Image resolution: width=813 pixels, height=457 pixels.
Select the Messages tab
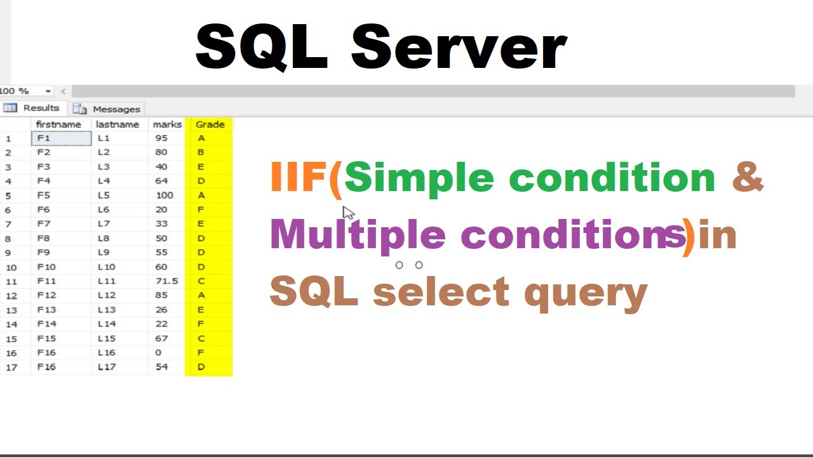(108, 109)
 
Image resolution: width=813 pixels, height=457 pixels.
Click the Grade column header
(210, 124)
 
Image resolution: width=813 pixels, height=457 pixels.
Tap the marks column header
(167, 124)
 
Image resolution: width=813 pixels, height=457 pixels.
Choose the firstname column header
(58, 124)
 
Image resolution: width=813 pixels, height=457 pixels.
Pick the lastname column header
(118, 124)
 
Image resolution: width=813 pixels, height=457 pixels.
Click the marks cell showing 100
(164, 195)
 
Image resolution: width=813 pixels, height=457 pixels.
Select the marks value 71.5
(166, 281)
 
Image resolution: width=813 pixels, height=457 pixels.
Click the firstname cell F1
(44, 138)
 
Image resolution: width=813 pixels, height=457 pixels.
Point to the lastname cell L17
(107, 367)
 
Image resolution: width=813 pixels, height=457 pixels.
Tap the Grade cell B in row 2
(201, 152)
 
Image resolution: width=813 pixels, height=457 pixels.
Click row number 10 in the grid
(11, 267)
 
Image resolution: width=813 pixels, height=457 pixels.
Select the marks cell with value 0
(158, 353)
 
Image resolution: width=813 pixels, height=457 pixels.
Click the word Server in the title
(458, 48)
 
